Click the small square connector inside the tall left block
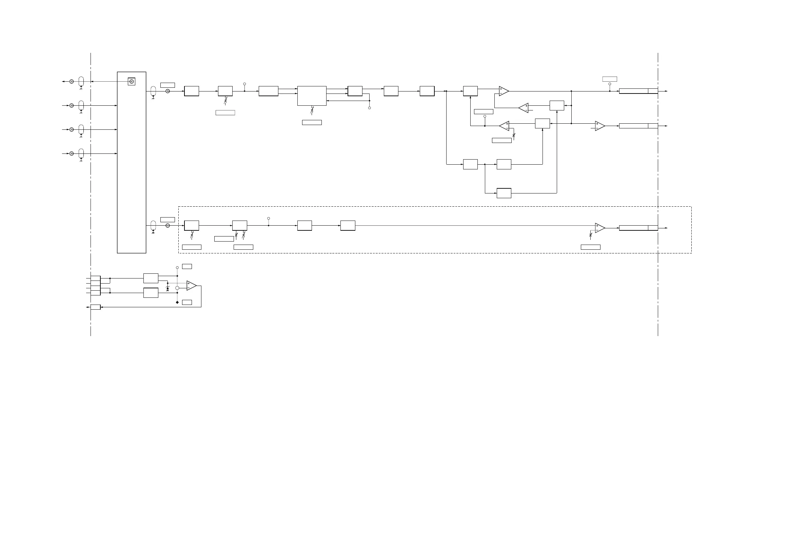(x=132, y=82)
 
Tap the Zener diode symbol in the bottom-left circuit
(x=168, y=288)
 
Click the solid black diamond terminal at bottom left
(x=177, y=302)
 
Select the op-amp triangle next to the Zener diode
(x=191, y=286)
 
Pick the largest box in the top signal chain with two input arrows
(x=312, y=96)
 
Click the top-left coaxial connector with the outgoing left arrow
(x=72, y=82)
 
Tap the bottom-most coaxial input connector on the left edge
(x=72, y=153)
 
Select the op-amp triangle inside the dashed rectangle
(x=599, y=228)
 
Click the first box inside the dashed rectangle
(x=192, y=226)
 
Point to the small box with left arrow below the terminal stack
(x=96, y=307)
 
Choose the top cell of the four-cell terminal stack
(x=96, y=278)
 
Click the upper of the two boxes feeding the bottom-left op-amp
(x=151, y=278)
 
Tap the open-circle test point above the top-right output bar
(x=610, y=84)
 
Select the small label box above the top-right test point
(x=609, y=79)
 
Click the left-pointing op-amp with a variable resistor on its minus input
(x=504, y=126)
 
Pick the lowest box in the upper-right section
(x=504, y=193)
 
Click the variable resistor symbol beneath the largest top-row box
(x=312, y=110)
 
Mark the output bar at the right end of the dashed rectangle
(x=638, y=228)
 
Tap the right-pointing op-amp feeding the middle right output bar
(x=599, y=126)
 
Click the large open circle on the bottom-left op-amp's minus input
(x=177, y=288)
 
